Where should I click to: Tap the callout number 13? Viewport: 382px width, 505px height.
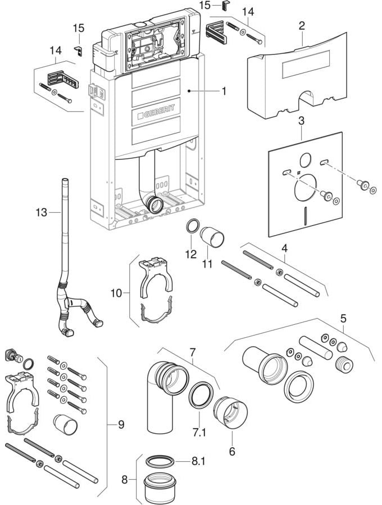pos(41,213)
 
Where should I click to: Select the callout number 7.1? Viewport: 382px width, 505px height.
pos(199,433)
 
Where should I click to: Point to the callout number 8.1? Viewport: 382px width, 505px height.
pos(198,461)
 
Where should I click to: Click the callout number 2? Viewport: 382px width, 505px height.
pos(302,25)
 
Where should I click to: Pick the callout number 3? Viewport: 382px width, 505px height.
pos(301,121)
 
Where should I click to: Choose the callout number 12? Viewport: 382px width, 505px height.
pos(191,254)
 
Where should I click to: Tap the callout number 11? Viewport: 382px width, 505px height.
pos(207,264)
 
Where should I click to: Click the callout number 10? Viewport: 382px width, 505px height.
pos(117,293)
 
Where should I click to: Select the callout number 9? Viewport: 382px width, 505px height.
pos(121,425)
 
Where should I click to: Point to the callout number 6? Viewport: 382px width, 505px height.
pos(232,452)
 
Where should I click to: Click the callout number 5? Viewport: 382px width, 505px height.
pos(343,319)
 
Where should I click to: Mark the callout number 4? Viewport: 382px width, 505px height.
pos(284,249)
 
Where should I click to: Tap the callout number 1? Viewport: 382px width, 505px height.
pos(224,91)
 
